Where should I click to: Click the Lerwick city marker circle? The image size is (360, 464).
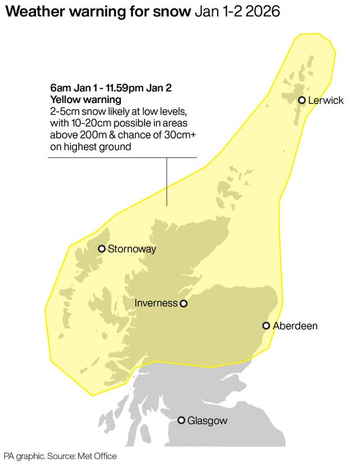(x=302, y=100)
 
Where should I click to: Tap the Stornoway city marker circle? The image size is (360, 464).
(x=102, y=249)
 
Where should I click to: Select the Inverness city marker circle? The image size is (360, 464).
(x=183, y=304)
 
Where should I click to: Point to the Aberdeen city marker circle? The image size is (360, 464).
(x=266, y=325)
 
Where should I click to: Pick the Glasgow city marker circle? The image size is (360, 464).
(x=182, y=420)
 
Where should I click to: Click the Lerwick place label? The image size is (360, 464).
(x=326, y=101)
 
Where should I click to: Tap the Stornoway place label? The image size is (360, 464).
(x=132, y=249)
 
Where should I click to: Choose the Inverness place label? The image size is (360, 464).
(x=156, y=304)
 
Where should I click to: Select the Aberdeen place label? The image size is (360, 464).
(x=295, y=326)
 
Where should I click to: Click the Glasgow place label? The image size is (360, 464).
(x=208, y=421)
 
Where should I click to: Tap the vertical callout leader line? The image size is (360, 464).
(x=167, y=180)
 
